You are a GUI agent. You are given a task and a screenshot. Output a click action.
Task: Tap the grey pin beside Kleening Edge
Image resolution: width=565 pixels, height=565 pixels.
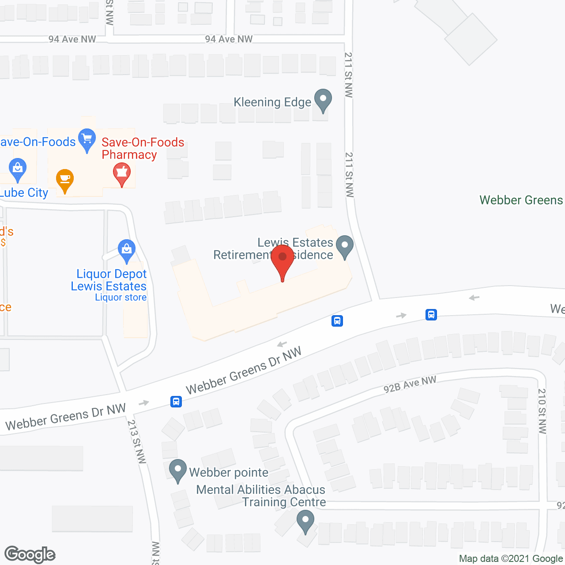323,100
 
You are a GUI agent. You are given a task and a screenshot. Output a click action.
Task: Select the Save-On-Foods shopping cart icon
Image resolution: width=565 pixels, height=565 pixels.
87,139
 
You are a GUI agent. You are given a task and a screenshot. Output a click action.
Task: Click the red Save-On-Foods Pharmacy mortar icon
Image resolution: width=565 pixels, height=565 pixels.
122,173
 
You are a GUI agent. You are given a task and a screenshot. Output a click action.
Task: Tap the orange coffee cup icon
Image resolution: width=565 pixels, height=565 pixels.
65,180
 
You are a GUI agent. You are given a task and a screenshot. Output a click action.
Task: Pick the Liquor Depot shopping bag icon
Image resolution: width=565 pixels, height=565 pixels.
127,250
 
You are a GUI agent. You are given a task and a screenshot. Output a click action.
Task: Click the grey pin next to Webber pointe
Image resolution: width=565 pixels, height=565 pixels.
178,471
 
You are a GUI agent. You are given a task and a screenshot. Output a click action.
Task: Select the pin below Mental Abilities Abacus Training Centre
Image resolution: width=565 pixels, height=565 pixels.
305,521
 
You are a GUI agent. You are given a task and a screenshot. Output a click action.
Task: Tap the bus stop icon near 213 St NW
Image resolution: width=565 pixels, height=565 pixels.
176,402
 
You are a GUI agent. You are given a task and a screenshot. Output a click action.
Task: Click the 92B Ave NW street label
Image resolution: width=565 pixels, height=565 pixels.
410,384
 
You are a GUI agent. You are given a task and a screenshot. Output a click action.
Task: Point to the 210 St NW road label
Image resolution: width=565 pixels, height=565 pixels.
542,411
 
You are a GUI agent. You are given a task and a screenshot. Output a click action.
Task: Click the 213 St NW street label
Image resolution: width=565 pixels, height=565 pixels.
136,441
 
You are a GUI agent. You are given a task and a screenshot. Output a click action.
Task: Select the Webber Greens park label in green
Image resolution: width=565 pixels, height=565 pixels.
521,200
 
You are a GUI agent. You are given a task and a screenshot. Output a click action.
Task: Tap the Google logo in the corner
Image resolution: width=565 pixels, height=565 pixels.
30,554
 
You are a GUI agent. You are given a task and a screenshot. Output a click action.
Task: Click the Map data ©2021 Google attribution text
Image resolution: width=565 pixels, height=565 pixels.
511,558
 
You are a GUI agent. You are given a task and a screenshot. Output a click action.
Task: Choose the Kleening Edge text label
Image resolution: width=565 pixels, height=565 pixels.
272,102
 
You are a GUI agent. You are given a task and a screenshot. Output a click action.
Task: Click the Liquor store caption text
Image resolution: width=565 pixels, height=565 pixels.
121,298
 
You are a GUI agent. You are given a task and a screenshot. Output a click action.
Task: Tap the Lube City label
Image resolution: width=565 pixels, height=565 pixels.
24,193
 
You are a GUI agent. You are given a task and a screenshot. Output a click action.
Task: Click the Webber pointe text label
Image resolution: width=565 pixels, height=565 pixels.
229,473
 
